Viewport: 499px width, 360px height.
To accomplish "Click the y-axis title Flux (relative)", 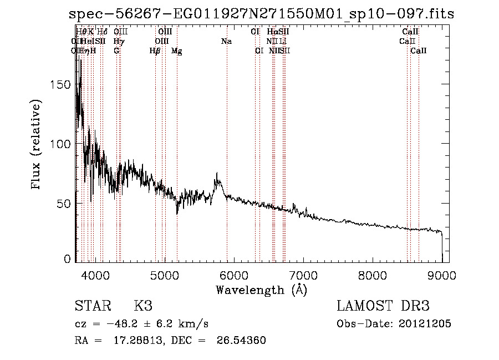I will (37, 146).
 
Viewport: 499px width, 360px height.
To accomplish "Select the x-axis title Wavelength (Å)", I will (261, 290).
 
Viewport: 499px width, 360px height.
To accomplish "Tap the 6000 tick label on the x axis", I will (233, 276).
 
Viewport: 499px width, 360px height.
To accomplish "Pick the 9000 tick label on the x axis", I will (442, 276).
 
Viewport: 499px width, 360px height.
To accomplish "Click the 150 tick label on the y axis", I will (62, 84).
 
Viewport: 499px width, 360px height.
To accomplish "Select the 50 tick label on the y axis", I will (65, 204).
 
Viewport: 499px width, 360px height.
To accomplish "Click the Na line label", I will (226, 41).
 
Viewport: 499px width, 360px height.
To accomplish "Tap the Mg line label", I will (177, 51).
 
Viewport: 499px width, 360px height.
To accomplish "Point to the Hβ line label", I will (155, 51).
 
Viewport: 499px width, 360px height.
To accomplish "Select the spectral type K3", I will (143, 306).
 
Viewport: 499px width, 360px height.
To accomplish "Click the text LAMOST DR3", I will (383, 306).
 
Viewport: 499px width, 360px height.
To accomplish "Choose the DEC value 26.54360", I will (242, 341).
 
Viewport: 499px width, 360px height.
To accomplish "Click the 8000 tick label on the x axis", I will (373, 276).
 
